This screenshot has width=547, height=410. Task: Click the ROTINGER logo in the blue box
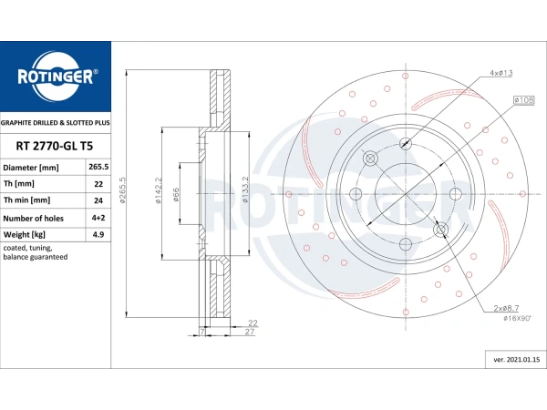(55, 77)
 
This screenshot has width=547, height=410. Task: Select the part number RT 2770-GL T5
(55, 145)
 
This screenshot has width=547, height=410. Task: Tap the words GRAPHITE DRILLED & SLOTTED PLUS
(55, 121)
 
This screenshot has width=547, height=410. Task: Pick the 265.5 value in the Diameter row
(98, 168)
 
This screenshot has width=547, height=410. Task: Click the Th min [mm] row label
(27, 200)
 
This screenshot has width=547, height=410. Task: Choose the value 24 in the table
(98, 200)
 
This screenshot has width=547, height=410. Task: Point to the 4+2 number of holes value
(98, 218)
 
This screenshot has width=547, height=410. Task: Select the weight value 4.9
(98, 234)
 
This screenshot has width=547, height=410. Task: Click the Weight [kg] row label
(27, 234)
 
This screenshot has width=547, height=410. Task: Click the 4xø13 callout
(501, 72)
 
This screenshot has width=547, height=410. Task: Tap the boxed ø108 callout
(523, 98)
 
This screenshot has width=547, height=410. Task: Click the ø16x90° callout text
(511, 317)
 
